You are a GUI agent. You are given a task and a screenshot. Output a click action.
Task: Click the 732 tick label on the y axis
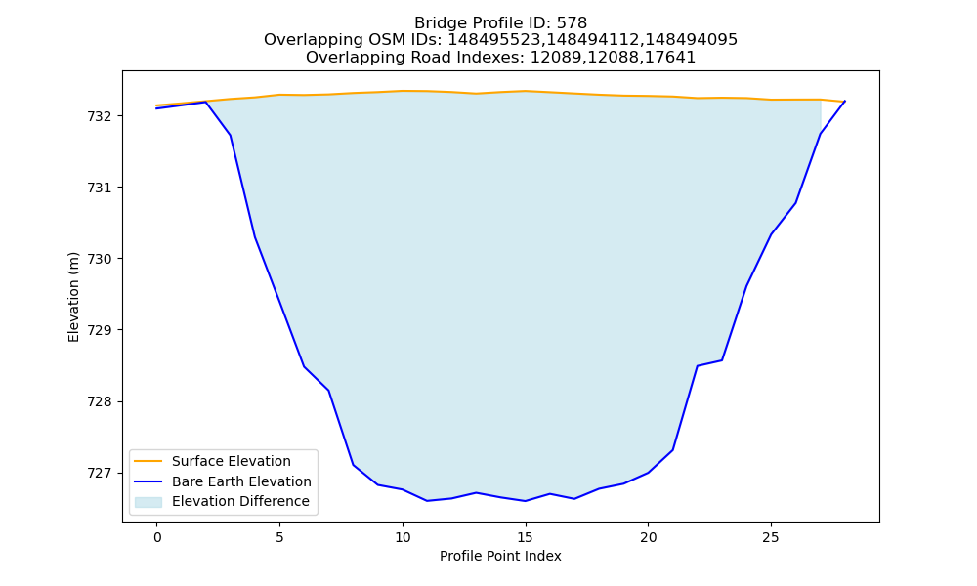pyautogui.click(x=100, y=116)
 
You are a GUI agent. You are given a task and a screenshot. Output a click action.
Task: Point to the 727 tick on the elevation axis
pyautogui.click(x=100, y=474)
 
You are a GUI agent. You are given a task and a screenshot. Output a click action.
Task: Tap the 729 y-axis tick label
pyautogui.click(x=100, y=330)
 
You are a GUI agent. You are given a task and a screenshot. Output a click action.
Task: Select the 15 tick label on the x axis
pyautogui.click(x=526, y=537)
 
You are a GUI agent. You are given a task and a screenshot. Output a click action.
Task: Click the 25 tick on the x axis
pyautogui.click(x=771, y=537)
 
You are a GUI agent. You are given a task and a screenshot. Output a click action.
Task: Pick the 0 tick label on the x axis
pyautogui.click(x=157, y=537)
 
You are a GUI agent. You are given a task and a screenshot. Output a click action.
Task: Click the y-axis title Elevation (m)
pyautogui.click(x=73, y=297)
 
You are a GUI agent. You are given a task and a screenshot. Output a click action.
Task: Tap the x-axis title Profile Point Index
pyautogui.click(x=500, y=556)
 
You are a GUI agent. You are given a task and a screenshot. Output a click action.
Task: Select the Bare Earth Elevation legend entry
pyautogui.click(x=223, y=481)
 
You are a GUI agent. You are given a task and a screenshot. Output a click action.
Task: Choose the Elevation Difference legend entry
pyautogui.click(x=222, y=501)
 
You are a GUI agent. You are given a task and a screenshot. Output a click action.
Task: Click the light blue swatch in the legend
pyautogui.click(x=149, y=502)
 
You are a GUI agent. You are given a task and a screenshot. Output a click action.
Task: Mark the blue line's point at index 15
pyautogui.click(x=526, y=501)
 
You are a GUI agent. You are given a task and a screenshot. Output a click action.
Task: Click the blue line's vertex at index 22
pyautogui.click(x=698, y=365)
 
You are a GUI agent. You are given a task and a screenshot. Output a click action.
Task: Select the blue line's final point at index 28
pyautogui.click(x=845, y=101)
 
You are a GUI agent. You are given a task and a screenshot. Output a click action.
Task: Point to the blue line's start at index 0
pyautogui.click(x=156, y=108)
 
